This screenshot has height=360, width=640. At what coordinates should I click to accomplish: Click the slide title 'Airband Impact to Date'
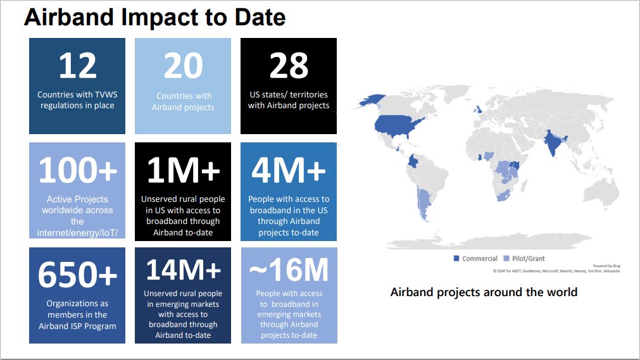(x=154, y=18)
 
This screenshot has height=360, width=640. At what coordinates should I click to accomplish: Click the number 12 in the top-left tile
(x=77, y=66)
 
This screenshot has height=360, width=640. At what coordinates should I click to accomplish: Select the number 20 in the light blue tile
(x=183, y=66)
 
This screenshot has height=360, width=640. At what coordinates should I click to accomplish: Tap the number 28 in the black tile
(x=288, y=66)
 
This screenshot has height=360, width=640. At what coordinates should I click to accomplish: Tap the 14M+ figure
(x=183, y=271)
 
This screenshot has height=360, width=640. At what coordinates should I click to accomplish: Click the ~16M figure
(x=289, y=271)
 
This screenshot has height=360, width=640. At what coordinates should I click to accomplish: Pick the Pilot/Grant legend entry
(x=524, y=258)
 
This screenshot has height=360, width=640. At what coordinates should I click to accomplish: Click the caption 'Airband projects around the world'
(x=484, y=292)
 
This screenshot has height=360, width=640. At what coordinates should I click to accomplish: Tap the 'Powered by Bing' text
(x=606, y=266)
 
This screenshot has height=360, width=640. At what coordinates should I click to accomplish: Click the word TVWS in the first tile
(x=105, y=95)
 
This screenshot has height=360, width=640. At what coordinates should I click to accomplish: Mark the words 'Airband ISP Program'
(x=77, y=326)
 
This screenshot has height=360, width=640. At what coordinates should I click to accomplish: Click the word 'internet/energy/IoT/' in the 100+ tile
(x=77, y=233)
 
